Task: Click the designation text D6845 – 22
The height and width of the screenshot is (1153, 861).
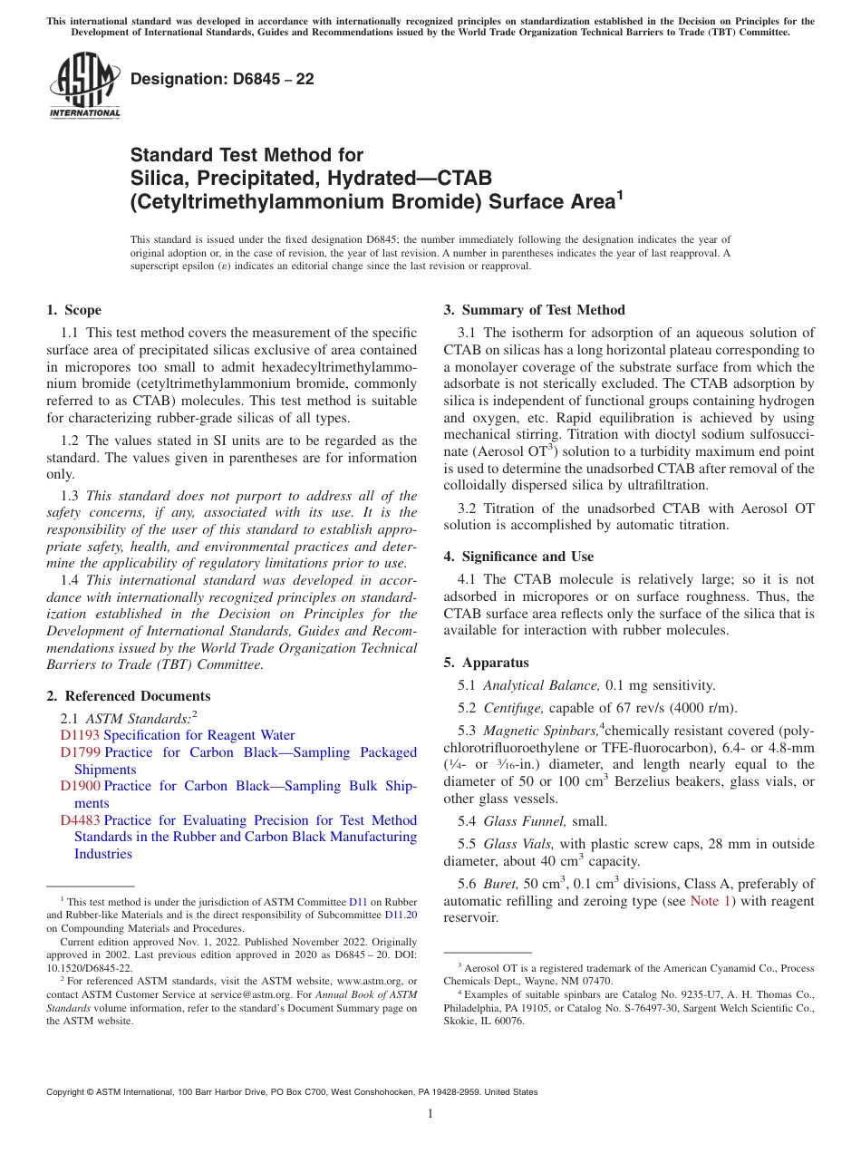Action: click(222, 79)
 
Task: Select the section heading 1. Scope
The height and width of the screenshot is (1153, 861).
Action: click(74, 310)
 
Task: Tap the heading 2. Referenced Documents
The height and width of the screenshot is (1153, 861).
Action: click(129, 696)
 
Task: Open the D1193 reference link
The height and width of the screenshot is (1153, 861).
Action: click(80, 735)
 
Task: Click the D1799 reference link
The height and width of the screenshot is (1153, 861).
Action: click(80, 752)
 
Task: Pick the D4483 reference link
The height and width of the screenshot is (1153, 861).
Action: click(80, 820)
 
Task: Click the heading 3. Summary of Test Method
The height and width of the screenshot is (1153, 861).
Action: click(534, 310)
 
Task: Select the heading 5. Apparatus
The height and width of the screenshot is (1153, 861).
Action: click(486, 663)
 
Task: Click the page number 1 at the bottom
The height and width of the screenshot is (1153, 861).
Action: click(430, 1113)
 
